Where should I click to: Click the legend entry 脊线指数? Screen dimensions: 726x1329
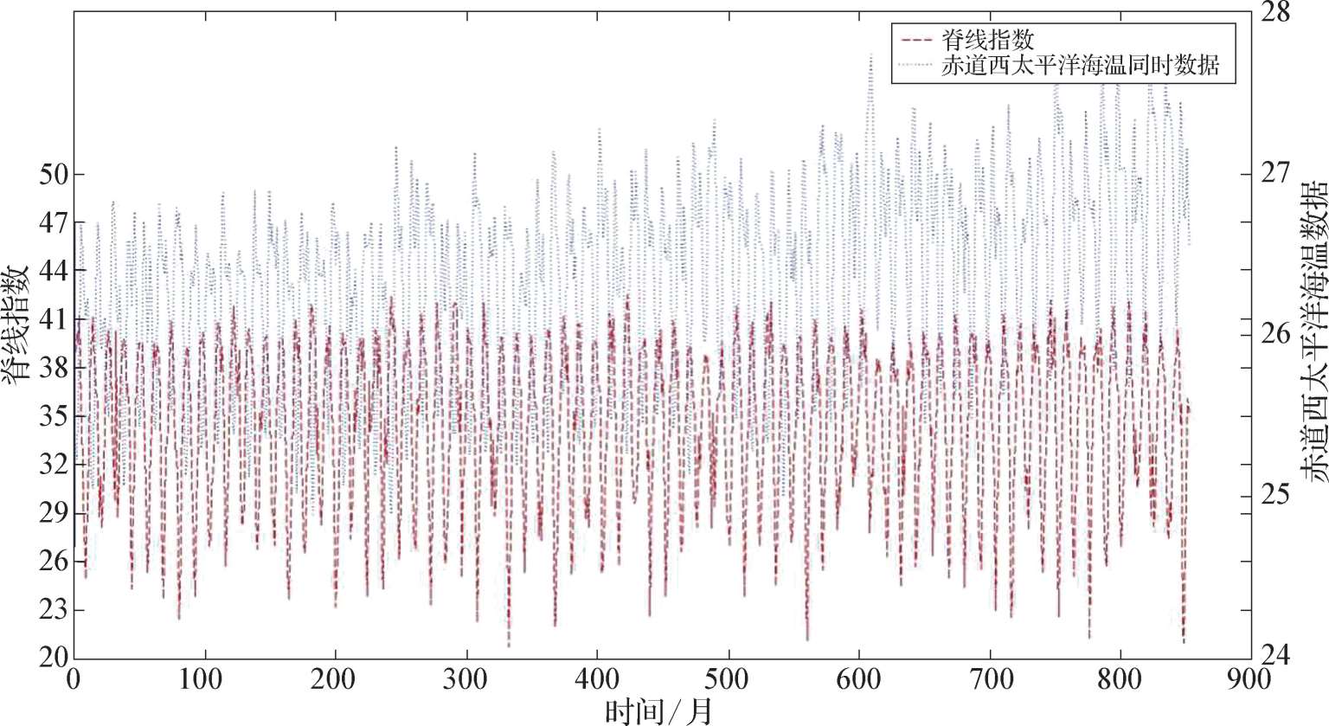pyautogui.click(x=987, y=40)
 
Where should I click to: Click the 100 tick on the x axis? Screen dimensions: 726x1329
pyautogui.click(x=204, y=679)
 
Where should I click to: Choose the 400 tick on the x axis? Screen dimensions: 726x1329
pyautogui.click(x=597, y=679)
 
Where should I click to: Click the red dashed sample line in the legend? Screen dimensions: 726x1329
pyautogui.click(x=915, y=40)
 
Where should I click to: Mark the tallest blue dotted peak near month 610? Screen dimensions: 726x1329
pyautogui.click(x=870, y=55)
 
